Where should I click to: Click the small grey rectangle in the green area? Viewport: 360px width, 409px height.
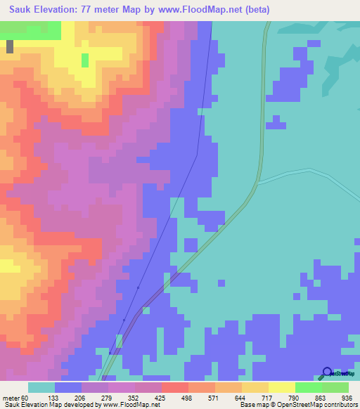(x=10, y=46)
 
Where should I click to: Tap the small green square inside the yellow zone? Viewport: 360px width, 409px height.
(x=85, y=60)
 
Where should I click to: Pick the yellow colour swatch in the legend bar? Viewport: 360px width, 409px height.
(x=282, y=387)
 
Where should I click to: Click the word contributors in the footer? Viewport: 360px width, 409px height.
(x=336, y=404)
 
